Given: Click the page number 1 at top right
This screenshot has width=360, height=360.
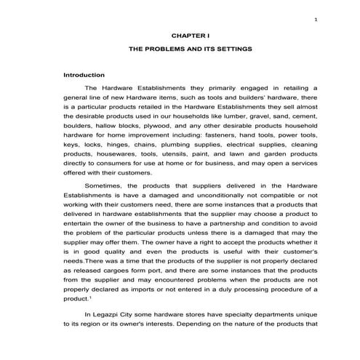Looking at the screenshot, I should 316,20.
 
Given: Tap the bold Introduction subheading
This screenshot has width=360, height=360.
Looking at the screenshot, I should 84,75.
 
